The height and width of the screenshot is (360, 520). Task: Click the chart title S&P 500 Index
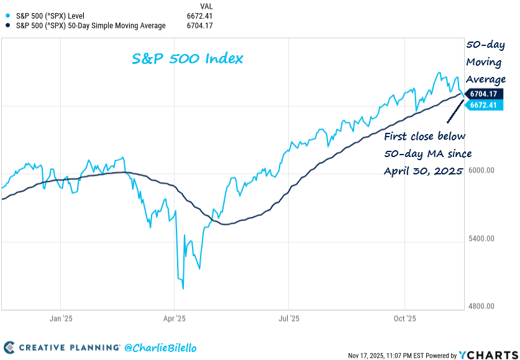click(187, 59)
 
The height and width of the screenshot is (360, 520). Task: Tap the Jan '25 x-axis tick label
click(61, 318)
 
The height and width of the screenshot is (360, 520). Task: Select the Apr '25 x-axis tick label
click(175, 318)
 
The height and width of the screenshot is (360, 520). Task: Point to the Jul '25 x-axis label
click(289, 318)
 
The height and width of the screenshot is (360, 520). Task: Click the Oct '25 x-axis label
click(404, 318)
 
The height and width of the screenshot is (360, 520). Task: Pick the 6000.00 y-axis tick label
click(482, 170)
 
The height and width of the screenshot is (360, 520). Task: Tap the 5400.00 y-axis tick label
click(482, 238)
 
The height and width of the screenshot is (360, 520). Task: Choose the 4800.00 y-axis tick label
click(482, 307)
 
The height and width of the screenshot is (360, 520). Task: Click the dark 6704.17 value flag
click(485, 94)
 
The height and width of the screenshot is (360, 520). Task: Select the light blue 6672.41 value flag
click(485, 106)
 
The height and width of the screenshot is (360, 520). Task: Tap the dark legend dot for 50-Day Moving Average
click(7, 25)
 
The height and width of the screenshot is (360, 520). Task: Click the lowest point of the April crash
click(183, 288)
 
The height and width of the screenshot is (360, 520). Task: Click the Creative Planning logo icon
click(11, 348)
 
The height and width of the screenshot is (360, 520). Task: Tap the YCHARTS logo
click(487, 355)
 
